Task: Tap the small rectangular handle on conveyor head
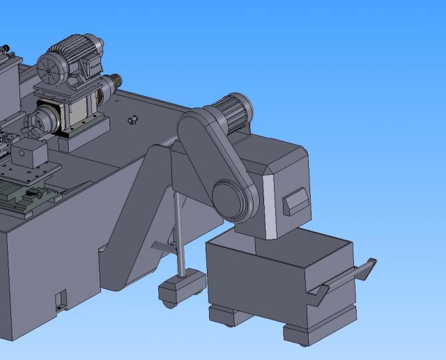click(297, 201)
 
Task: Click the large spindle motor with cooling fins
click(73, 60)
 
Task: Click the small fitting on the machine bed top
click(130, 120)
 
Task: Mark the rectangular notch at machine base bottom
click(61, 299)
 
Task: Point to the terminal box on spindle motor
click(91, 66)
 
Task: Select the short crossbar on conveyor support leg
click(164, 246)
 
